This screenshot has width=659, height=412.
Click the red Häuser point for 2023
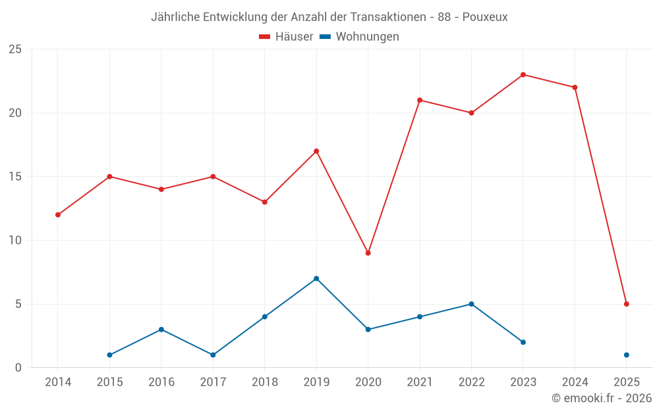tap(523, 74)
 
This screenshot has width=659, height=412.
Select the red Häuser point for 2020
tap(368, 253)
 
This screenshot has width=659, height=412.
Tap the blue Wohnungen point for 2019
tap(316, 278)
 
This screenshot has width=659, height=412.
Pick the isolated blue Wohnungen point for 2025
tap(627, 355)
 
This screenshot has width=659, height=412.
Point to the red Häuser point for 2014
tap(58, 215)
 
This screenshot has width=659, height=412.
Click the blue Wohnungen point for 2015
tap(109, 355)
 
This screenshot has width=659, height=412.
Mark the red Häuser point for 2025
tap(627, 304)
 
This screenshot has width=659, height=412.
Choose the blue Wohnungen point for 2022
tap(471, 304)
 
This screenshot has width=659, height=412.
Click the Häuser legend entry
tap(286, 37)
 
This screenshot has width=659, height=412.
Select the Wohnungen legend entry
tap(359, 37)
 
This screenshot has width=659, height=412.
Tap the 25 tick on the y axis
tap(14, 49)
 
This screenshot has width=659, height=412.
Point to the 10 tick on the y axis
tap(14, 241)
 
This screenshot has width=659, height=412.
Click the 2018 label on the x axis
tap(264, 382)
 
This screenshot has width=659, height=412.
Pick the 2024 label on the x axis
tap(575, 382)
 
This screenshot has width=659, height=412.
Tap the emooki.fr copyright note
tap(601, 398)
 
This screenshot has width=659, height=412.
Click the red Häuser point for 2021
tap(420, 100)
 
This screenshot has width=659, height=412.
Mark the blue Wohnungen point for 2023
tap(523, 342)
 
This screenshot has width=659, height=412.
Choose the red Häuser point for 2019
tap(316, 151)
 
